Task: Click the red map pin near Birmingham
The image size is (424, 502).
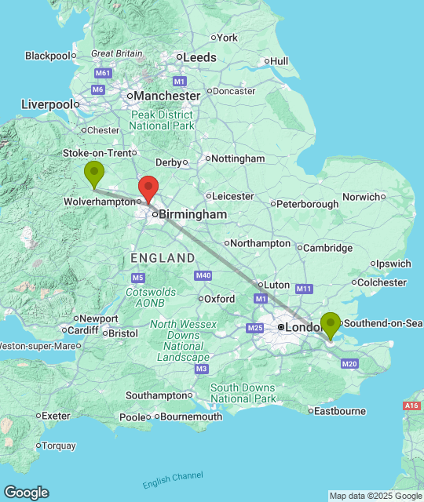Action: click(148, 188)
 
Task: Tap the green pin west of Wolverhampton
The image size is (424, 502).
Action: click(94, 173)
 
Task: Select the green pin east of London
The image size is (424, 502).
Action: click(331, 324)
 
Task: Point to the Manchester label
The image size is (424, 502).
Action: click(167, 96)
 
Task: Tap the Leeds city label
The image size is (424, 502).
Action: click(200, 57)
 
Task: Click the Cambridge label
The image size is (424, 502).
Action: click(327, 248)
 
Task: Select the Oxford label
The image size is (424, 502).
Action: click(219, 299)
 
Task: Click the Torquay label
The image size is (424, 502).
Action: click(58, 446)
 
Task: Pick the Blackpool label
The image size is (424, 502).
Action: click(48, 56)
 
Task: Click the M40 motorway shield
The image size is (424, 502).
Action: click(203, 275)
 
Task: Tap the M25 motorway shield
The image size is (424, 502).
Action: click(255, 328)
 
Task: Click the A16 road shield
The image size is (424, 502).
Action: click(411, 406)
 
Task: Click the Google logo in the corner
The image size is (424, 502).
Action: click(25, 492)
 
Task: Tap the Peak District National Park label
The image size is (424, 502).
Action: click(162, 120)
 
